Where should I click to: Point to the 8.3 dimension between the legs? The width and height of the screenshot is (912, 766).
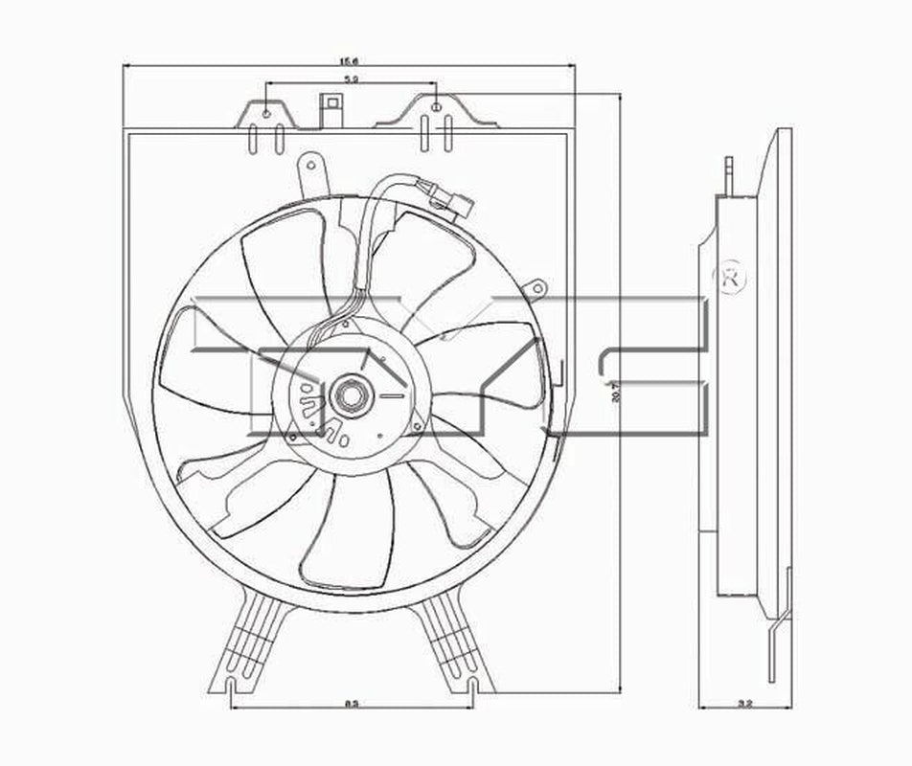(352, 706)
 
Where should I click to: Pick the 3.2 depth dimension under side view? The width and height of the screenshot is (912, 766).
(745, 706)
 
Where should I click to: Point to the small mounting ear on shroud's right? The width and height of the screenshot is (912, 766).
(538, 286)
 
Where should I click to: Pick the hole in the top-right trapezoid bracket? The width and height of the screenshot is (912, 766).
(436, 107)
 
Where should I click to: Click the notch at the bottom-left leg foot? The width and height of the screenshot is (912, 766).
(233, 684)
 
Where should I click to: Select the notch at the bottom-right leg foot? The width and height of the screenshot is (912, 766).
(471, 684)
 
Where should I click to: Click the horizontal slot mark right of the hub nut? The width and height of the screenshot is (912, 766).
(392, 394)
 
